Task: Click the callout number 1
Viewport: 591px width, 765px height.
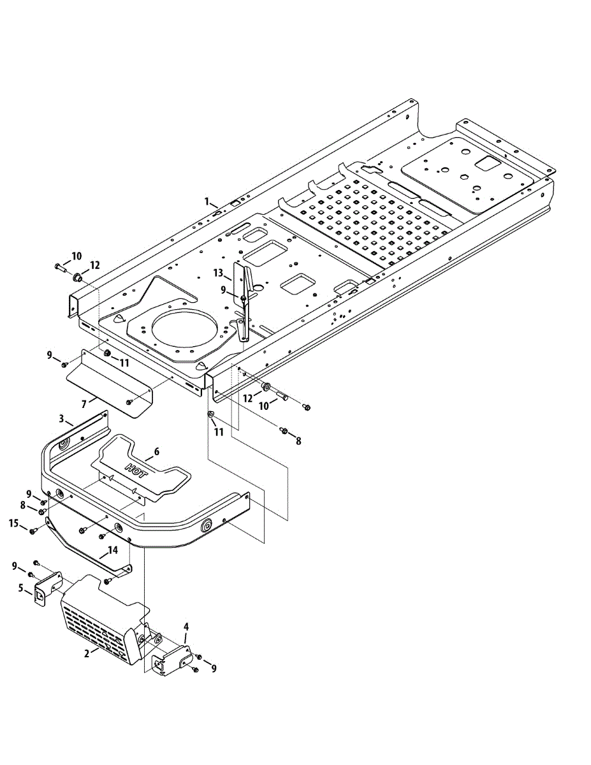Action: coord(207,201)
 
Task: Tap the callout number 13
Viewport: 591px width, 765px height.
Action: coord(218,273)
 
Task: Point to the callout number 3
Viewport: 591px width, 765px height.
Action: coord(62,418)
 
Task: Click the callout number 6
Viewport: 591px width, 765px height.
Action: coord(157,451)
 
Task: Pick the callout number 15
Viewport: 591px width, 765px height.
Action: coord(14,523)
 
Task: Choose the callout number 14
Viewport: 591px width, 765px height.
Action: coord(113,549)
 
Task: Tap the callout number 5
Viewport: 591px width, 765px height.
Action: coord(20,588)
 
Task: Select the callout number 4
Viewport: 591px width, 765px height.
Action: coord(186,626)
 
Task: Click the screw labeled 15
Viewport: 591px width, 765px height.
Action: coord(33,530)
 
